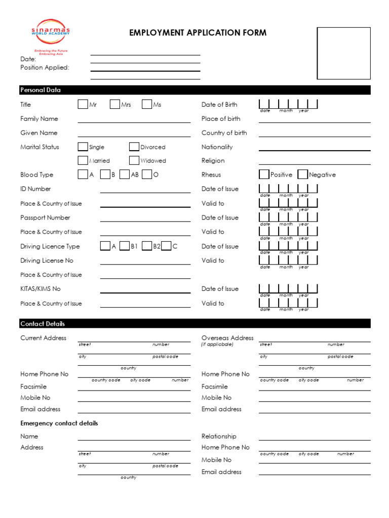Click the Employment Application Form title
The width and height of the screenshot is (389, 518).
198,33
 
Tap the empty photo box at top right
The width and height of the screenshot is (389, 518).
343,53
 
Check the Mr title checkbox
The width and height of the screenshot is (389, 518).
83,104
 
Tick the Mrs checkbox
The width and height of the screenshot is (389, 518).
114,104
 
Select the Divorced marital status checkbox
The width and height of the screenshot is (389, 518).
134,147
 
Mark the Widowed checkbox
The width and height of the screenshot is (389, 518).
134,160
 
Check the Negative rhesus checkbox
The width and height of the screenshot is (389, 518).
302,175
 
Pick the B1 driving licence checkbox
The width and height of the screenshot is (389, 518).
125,246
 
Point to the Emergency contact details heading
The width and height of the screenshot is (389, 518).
59,423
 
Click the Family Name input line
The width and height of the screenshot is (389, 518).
134,122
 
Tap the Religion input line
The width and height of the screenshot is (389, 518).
315,164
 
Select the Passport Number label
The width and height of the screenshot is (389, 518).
45,218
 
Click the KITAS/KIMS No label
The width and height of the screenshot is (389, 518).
41,289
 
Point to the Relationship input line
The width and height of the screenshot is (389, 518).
315,440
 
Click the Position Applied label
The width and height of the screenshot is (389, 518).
45,67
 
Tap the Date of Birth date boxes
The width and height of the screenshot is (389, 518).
288,104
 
